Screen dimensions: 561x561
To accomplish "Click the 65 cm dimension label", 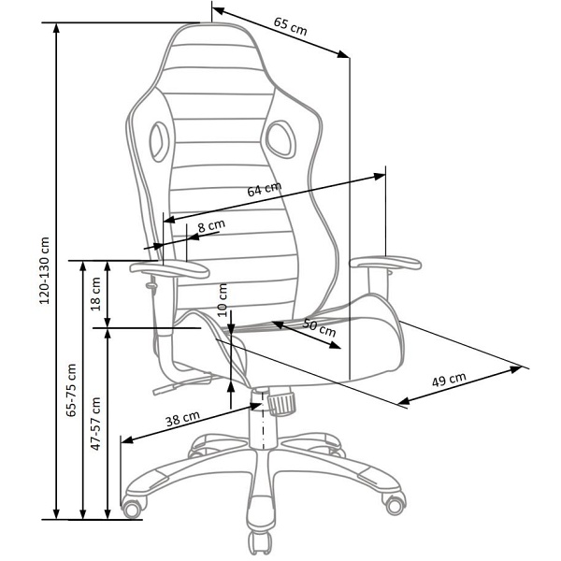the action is click(x=290, y=26).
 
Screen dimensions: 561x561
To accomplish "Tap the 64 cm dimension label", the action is click(x=265, y=189).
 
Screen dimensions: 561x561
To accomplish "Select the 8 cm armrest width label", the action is click(x=211, y=225).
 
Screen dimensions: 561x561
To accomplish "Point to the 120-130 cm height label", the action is click(x=45, y=270).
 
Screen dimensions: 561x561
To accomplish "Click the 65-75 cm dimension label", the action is click(x=72, y=390).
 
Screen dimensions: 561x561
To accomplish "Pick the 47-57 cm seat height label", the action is click(x=95, y=424).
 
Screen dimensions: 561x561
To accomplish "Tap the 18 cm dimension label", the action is click(x=95, y=295).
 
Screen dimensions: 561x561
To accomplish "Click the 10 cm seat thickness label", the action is click(x=223, y=300).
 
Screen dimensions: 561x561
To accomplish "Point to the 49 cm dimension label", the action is click(x=449, y=380).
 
